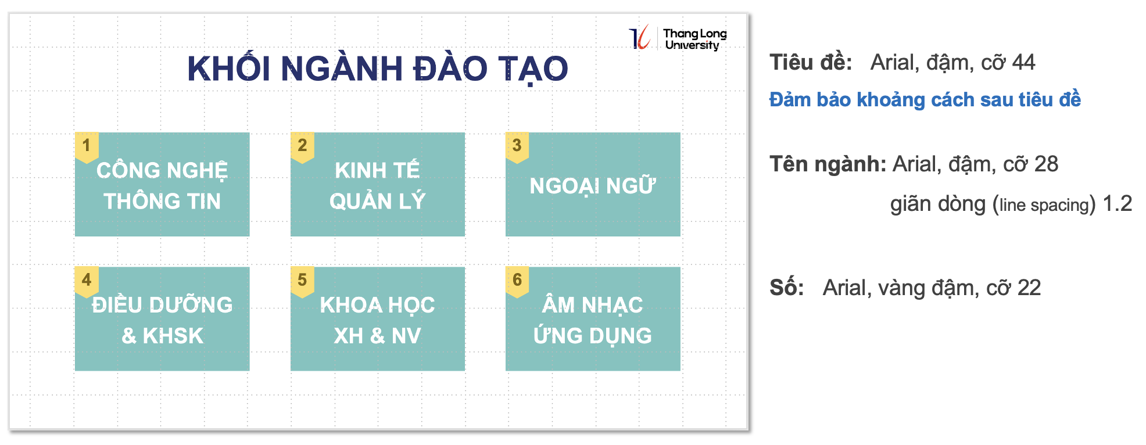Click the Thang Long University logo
pyautogui.click(x=678, y=38)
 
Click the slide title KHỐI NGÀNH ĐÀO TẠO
pyautogui.click(x=378, y=69)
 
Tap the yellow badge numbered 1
pyautogui.click(x=87, y=148)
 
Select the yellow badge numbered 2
pyautogui.click(x=302, y=148)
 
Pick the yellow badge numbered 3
pyautogui.click(x=517, y=148)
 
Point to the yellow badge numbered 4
pyautogui.click(x=87, y=282)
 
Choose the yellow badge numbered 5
pyautogui.click(x=302, y=282)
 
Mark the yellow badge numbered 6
pyautogui.click(x=517, y=282)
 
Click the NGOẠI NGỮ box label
pyautogui.click(x=593, y=185)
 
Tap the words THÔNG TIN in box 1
pyautogui.click(x=162, y=201)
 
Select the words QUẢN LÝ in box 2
pyautogui.click(x=378, y=201)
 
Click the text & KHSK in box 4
pyautogui.click(x=162, y=336)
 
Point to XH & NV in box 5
pyautogui.click(x=378, y=336)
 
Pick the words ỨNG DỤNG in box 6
pyautogui.click(x=593, y=335)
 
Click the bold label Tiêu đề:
pyautogui.click(x=811, y=62)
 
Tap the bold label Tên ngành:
pyautogui.click(x=828, y=164)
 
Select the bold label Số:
pyautogui.click(x=787, y=288)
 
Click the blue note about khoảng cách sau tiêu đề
pyautogui.click(x=925, y=99)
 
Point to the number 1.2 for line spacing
pyautogui.click(x=1117, y=203)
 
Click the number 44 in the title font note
pyautogui.click(x=1023, y=62)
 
